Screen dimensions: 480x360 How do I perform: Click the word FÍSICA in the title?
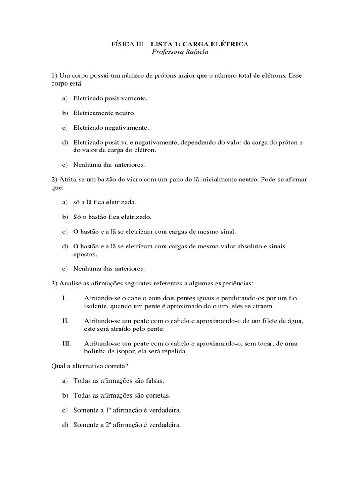pyautogui.click(x=120, y=44)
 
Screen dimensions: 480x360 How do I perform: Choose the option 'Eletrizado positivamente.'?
pyautogui.click(x=110, y=98)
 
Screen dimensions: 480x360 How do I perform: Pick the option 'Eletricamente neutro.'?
pyautogui.click(x=104, y=113)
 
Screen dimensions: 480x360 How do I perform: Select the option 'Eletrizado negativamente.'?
pyautogui.click(x=111, y=127)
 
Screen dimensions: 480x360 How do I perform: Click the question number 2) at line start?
pyautogui.click(x=54, y=180)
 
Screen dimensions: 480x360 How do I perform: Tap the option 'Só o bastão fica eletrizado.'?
pyautogui.click(x=112, y=217)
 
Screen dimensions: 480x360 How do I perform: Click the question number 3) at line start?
pyautogui.click(x=54, y=284)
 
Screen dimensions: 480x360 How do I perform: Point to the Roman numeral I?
pyautogui.click(x=64, y=298)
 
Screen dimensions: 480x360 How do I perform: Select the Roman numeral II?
pyautogui.click(x=65, y=321)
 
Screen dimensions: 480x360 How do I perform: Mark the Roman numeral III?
pyautogui.click(x=67, y=344)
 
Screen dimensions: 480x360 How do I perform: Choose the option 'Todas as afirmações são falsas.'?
pyautogui.click(x=119, y=381)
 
